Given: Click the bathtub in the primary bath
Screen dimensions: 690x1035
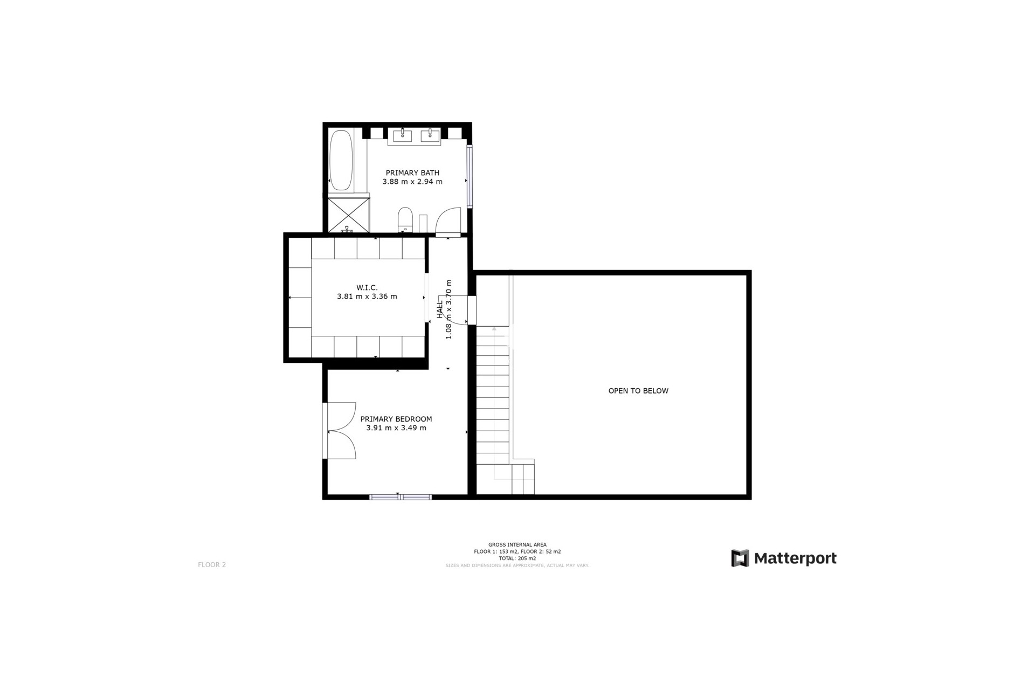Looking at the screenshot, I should point(341,160).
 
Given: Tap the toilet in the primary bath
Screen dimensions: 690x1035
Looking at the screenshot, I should point(405,219).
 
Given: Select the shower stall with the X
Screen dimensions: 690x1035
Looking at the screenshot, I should point(349,215).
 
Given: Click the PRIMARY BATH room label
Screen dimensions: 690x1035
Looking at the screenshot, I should point(412,173).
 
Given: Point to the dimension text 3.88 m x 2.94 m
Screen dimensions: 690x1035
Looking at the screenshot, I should point(412,182).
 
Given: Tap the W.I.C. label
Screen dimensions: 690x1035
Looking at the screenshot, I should point(367,288).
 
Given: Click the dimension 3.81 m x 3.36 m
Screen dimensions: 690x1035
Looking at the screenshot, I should point(367,296).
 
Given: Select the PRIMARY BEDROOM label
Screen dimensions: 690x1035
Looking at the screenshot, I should point(396,419).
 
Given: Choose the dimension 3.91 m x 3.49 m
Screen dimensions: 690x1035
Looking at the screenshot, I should point(396,429).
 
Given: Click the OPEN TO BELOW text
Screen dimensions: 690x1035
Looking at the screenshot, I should point(638,391).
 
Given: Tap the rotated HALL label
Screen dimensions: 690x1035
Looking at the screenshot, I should point(440,309).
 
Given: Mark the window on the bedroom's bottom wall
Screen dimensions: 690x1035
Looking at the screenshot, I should point(400,497).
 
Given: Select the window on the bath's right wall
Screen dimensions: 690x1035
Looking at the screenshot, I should point(470,176).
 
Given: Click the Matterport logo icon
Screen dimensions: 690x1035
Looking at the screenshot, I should point(740,558).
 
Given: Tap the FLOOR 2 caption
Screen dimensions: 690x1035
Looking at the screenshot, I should point(212,565).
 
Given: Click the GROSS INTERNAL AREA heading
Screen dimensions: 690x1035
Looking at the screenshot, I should point(517,545).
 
